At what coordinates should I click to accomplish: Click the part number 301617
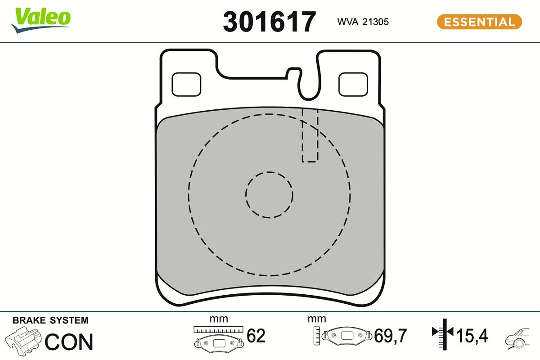[270, 22]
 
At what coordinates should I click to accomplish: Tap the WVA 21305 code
[363, 22]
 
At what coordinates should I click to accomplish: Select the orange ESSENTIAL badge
[479, 22]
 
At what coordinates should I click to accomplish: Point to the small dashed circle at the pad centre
[269, 195]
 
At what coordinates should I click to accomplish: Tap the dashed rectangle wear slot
[310, 135]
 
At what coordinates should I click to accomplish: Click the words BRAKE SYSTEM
[50, 320]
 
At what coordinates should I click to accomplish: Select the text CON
[69, 342]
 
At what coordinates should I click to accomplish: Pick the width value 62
[256, 336]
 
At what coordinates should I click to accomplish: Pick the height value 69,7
[390, 336]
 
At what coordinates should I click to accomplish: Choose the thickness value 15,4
[472, 336]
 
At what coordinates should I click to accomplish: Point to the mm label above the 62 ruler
[219, 319]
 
